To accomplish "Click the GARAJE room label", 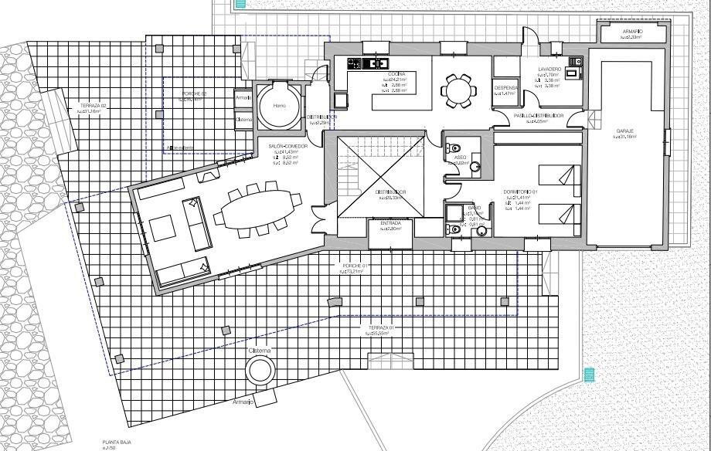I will point(624,131).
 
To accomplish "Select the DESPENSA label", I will point(505,88).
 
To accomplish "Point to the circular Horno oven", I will point(279,106).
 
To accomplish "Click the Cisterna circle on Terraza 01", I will point(260,371).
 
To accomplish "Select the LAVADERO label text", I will point(549,70).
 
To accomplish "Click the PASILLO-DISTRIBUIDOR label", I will point(539,116).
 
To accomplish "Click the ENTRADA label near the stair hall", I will point(390,223).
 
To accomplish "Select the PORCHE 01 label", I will point(353,266).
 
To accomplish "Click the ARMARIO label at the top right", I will point(632,32).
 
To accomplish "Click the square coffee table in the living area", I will point(163,228).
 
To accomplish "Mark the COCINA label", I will point(398,74).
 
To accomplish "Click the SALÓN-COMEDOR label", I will point(287,146).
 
